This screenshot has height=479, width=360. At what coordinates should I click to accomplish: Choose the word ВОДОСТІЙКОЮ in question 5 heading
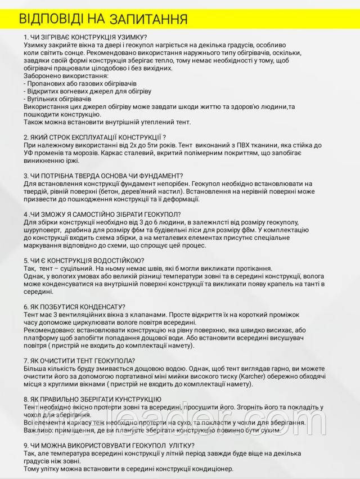[116, 261]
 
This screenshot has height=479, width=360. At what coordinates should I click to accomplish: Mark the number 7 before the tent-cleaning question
[26, 361]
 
